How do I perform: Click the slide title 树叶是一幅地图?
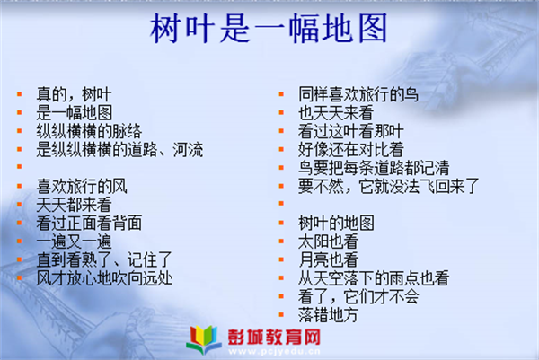pyautogui.click(x=269, y=28)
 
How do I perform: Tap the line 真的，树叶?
pyautogui.click(x=74, y=94)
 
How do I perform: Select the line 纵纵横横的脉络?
pyautogui.click(x=89, y=131)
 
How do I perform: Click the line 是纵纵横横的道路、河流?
pyautogui.click(x=119, y=149)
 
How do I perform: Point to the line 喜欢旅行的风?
pyautogui.click(x=82, y=186)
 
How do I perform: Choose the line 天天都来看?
pyautogui.click(x=74, y=205)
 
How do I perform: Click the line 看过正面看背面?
pyautogui.click(x=89, y=223)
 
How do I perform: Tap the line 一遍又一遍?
pyautogui.click(x=74, y=241)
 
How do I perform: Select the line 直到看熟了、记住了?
pyautogui.click(x=104, y=259)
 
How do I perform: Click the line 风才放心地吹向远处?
pyautogui.click(x=104, y=278)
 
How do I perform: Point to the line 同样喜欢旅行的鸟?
pyautogui.click(x=358, y=94)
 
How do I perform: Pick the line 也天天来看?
pyautogui.click(x=336, y=113)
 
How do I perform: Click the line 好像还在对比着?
pyautogui.click(x=351, y=149)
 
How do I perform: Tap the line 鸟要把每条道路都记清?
pyautogui.click(x=374, y=168)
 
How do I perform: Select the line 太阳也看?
pyautogui.click(x=328, y=241)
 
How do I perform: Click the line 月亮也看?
pyautogui.click(x=328, y=259)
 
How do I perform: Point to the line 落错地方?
pyautogui.click(x=328, y=314)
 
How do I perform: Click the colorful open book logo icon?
pyautogui.click(x=204, y=339)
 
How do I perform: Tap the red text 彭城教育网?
pyautogui.click(x=274, y=337)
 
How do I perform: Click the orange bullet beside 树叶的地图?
pyautogui.click(x=281, y=223)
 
